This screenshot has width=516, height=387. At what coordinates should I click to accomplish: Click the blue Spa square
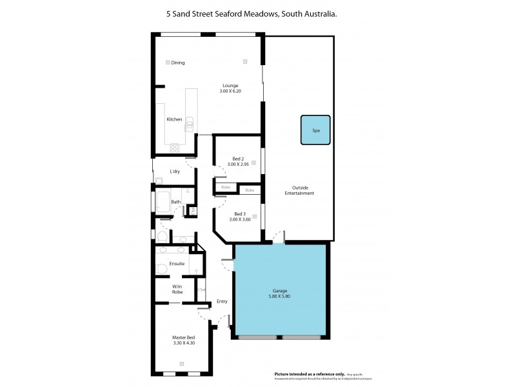click(315, 130)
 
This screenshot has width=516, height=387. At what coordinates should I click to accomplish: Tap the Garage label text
click(279, 290)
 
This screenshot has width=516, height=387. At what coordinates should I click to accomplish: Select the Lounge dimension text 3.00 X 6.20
click(230, 92)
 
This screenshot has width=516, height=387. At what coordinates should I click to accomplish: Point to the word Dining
click(178, 63)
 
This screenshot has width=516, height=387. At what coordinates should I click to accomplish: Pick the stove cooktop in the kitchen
click(175, 148)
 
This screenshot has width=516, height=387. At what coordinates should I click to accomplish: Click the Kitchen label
click(175, 119)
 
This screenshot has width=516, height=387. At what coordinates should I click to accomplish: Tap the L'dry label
click(175, 172)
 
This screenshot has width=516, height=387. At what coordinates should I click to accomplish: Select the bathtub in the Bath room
click(161, 200)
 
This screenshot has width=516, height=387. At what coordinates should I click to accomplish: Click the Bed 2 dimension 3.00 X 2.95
click(238, 164)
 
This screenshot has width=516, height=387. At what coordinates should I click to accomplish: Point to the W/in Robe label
click(177, 289)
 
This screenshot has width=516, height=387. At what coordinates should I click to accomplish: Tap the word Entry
click(222, 301)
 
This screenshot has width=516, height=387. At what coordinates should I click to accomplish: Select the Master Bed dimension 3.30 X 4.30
click(183, 343)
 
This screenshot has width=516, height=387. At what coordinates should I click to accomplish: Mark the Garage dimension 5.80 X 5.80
click(279, 297)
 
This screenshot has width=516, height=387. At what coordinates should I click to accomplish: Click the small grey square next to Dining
click(168, 62)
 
